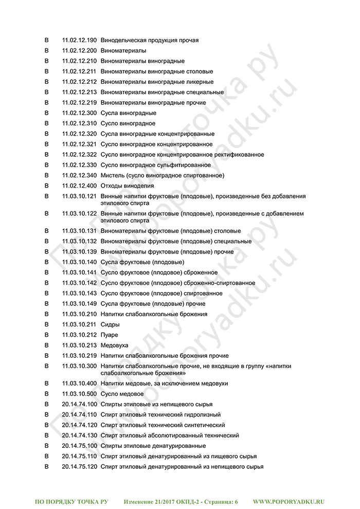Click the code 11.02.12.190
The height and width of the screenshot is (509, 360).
(79, 40)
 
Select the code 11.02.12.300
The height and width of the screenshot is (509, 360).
(79, 113)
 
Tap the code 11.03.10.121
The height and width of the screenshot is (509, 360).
(79, 196)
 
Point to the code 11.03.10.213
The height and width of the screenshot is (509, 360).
(79, 346)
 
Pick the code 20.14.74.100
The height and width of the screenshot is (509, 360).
(79, 405)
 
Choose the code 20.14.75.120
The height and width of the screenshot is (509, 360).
(79, 467)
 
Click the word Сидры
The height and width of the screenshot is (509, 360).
(110, 325)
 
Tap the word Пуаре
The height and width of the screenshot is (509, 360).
(109, 335)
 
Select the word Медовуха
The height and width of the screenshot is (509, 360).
(114, 346)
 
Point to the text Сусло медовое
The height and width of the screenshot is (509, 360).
(122, 394)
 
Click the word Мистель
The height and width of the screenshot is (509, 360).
(112, 175)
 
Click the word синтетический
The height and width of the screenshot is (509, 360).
(206, 425)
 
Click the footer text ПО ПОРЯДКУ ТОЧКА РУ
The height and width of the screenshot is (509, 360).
(71, 501)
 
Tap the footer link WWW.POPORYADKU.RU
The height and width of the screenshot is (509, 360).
(289, 501)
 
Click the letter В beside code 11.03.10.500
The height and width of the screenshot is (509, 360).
(47, 394)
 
